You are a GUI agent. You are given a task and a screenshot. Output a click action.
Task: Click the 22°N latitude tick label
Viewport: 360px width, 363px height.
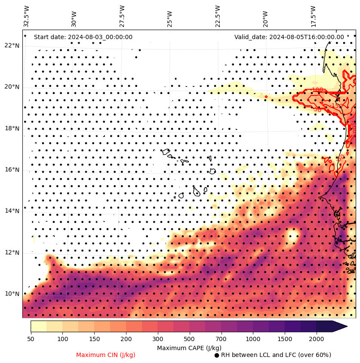[12, 46]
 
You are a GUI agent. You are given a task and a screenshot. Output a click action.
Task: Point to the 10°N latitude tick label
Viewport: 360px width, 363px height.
[12, 294]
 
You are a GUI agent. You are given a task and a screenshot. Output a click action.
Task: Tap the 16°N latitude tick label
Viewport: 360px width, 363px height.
[12, 170]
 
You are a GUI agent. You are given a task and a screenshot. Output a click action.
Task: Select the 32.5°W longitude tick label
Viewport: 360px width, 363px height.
[27, 16]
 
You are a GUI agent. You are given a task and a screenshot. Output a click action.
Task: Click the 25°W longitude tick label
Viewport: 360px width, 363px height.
[170, 18]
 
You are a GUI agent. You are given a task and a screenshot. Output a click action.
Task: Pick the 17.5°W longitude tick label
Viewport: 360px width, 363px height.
[313, 16]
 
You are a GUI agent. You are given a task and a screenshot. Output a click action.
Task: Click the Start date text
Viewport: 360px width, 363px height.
[83, 37]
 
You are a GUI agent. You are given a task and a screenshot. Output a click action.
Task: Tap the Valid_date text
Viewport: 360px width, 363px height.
[289, 37]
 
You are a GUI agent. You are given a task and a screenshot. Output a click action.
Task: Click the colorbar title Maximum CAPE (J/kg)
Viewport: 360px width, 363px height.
[189, 348]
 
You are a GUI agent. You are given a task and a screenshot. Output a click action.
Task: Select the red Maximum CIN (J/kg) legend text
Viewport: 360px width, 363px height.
[106, 355]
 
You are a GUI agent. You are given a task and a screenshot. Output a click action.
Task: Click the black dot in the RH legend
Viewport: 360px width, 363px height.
[217, 355]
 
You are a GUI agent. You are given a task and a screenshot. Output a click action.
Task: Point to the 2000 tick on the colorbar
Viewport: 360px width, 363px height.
[317, 339]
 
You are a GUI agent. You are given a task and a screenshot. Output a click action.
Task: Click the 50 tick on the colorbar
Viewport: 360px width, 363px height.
[31, 339]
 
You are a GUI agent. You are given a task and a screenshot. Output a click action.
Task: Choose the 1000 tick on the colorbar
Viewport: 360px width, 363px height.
[253, 339]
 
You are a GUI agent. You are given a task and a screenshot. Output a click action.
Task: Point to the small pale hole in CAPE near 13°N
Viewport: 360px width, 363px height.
[293, 235]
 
